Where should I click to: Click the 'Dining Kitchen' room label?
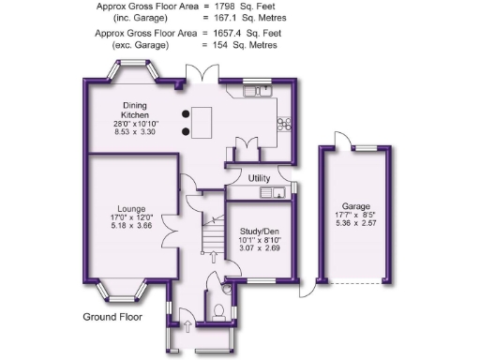point(135,110)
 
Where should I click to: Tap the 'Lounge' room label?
point(130,208)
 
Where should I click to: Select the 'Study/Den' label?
point(260,231)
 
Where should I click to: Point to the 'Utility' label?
point(261,177)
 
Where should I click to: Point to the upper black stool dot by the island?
point(186,112)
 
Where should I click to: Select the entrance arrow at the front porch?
point(186,325)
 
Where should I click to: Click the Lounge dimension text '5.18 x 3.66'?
point(130,226)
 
